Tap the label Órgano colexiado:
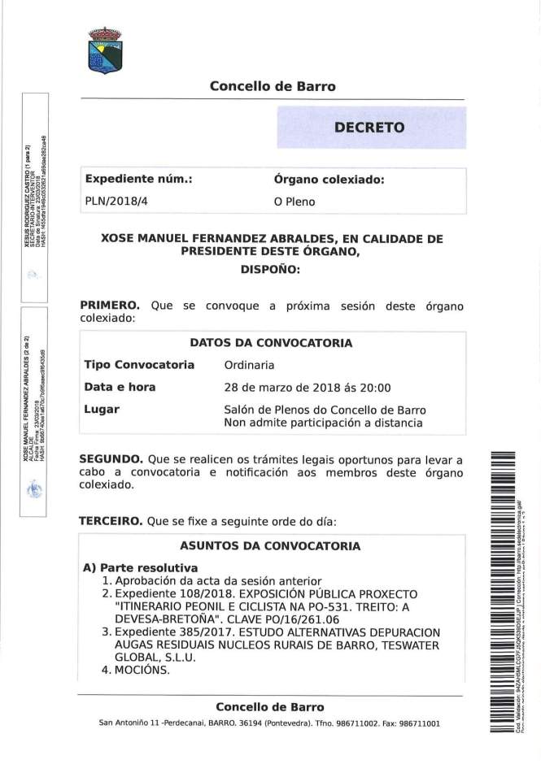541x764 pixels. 329,180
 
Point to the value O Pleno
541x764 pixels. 294,202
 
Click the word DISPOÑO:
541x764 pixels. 272,269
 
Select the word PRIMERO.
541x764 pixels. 109,306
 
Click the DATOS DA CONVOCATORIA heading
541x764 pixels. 271,343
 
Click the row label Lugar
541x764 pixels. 102,410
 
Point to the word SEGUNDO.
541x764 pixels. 111,458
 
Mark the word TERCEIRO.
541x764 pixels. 111,521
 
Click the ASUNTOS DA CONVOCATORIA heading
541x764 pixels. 270,546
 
